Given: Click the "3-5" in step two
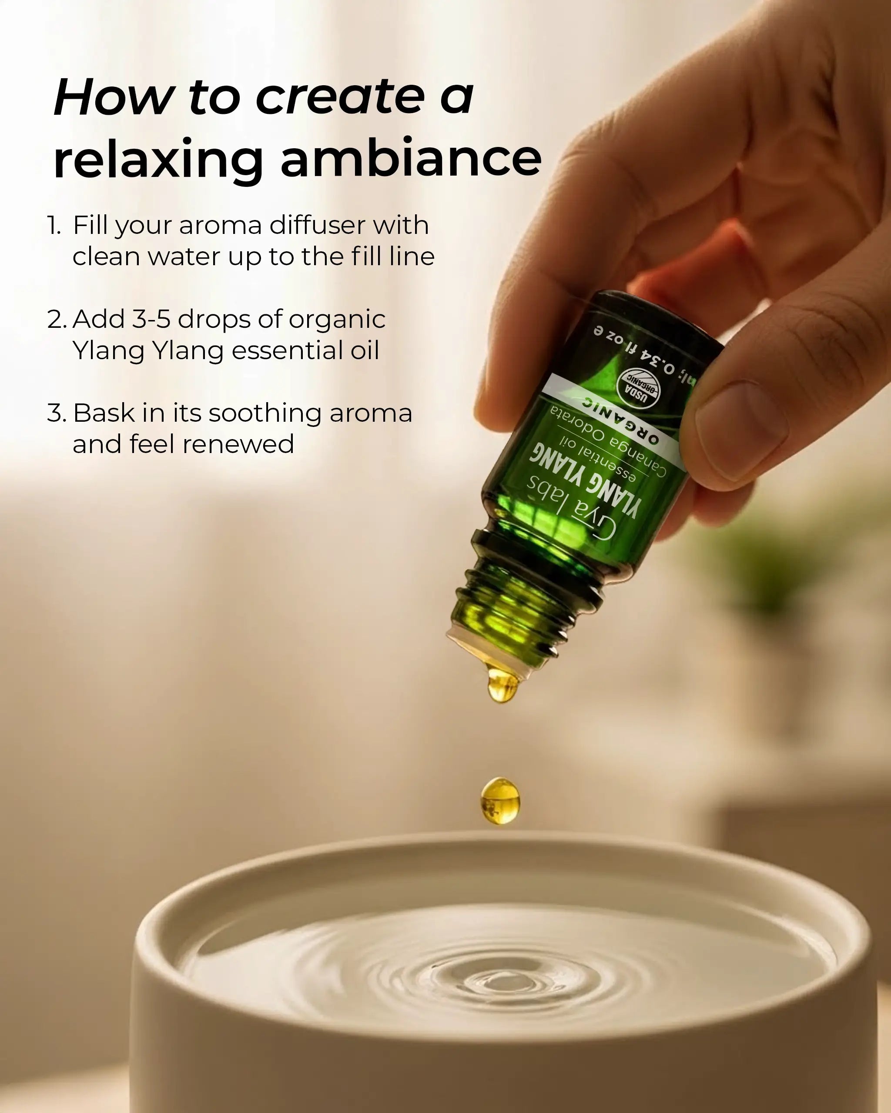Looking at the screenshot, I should (x=151, y=319).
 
